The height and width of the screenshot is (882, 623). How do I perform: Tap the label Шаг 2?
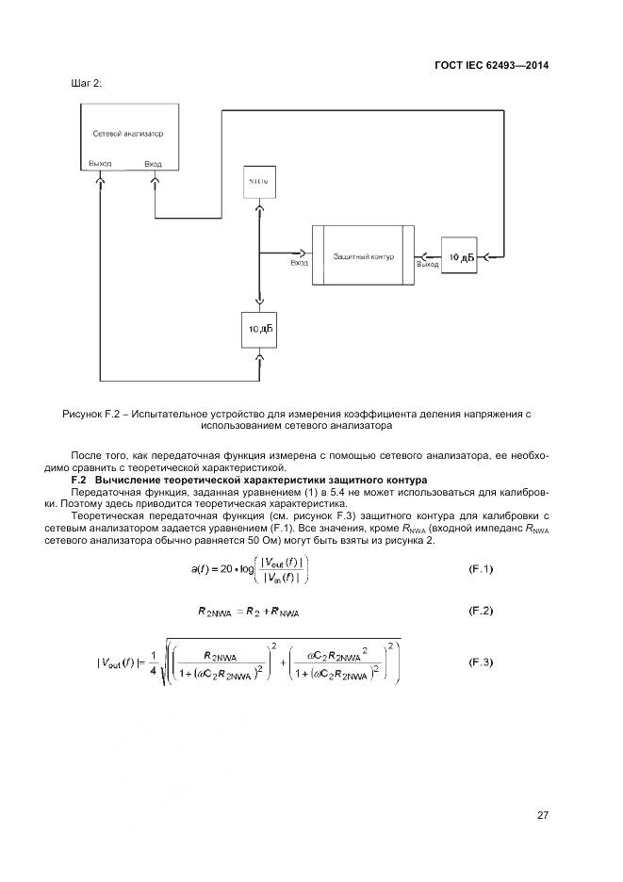coord(86,84)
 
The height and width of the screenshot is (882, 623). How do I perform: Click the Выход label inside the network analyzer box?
coord(99,163)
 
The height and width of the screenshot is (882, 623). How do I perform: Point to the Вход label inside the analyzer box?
coord(153,163)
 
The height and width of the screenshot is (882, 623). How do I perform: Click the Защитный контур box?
coord(363,256)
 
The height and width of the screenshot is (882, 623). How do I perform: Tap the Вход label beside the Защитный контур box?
coord(299,264)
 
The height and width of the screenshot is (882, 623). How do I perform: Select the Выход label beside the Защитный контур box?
coord(428,265)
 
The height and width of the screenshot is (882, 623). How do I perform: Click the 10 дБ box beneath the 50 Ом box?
coord(260,329)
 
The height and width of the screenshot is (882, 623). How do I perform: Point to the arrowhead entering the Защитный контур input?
coord(303,253)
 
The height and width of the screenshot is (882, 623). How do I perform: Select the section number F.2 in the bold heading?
coord(80,480)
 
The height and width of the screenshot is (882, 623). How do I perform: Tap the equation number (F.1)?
coord(482,569)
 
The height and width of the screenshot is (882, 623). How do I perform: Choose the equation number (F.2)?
coord(482,612)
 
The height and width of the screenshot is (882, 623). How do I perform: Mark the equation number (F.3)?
coord(482,662)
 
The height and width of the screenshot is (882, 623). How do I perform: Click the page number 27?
coord(543,815)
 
